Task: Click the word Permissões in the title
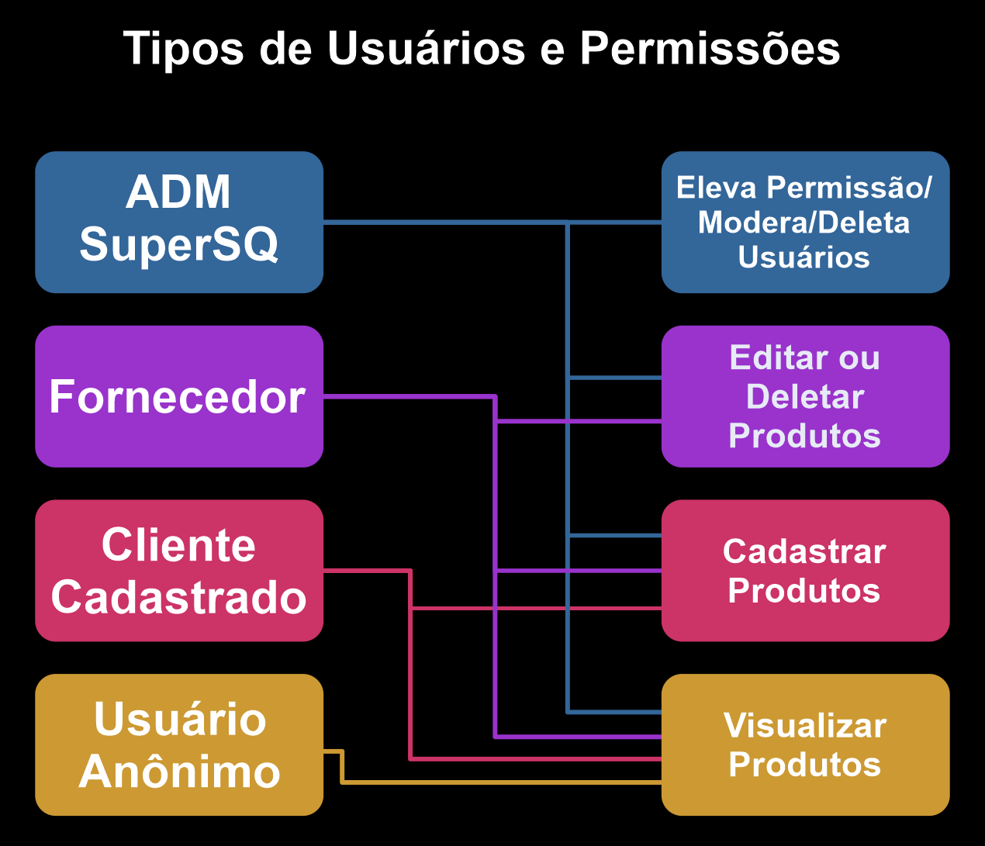click(x=710, y=49)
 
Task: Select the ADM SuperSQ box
click(x=179, y=222)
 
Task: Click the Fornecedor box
click(x=179, y=396)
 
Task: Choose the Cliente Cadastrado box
click(x=179, y=571)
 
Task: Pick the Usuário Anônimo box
click(x=179, y=744)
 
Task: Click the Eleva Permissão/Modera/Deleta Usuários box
click(x=805, y=222)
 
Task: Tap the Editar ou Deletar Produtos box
click(x=805, y=396)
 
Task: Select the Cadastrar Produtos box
click(x=805, y=571)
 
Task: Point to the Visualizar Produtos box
click(x=805, y=744)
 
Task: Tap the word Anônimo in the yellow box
click(x=179, y=772)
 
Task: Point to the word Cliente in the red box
click(x=179, y=545)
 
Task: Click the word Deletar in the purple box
click(x=805, y=397)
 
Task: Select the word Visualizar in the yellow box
click(x=805, y=726)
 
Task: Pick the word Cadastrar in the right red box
click(x=805, y=552)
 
